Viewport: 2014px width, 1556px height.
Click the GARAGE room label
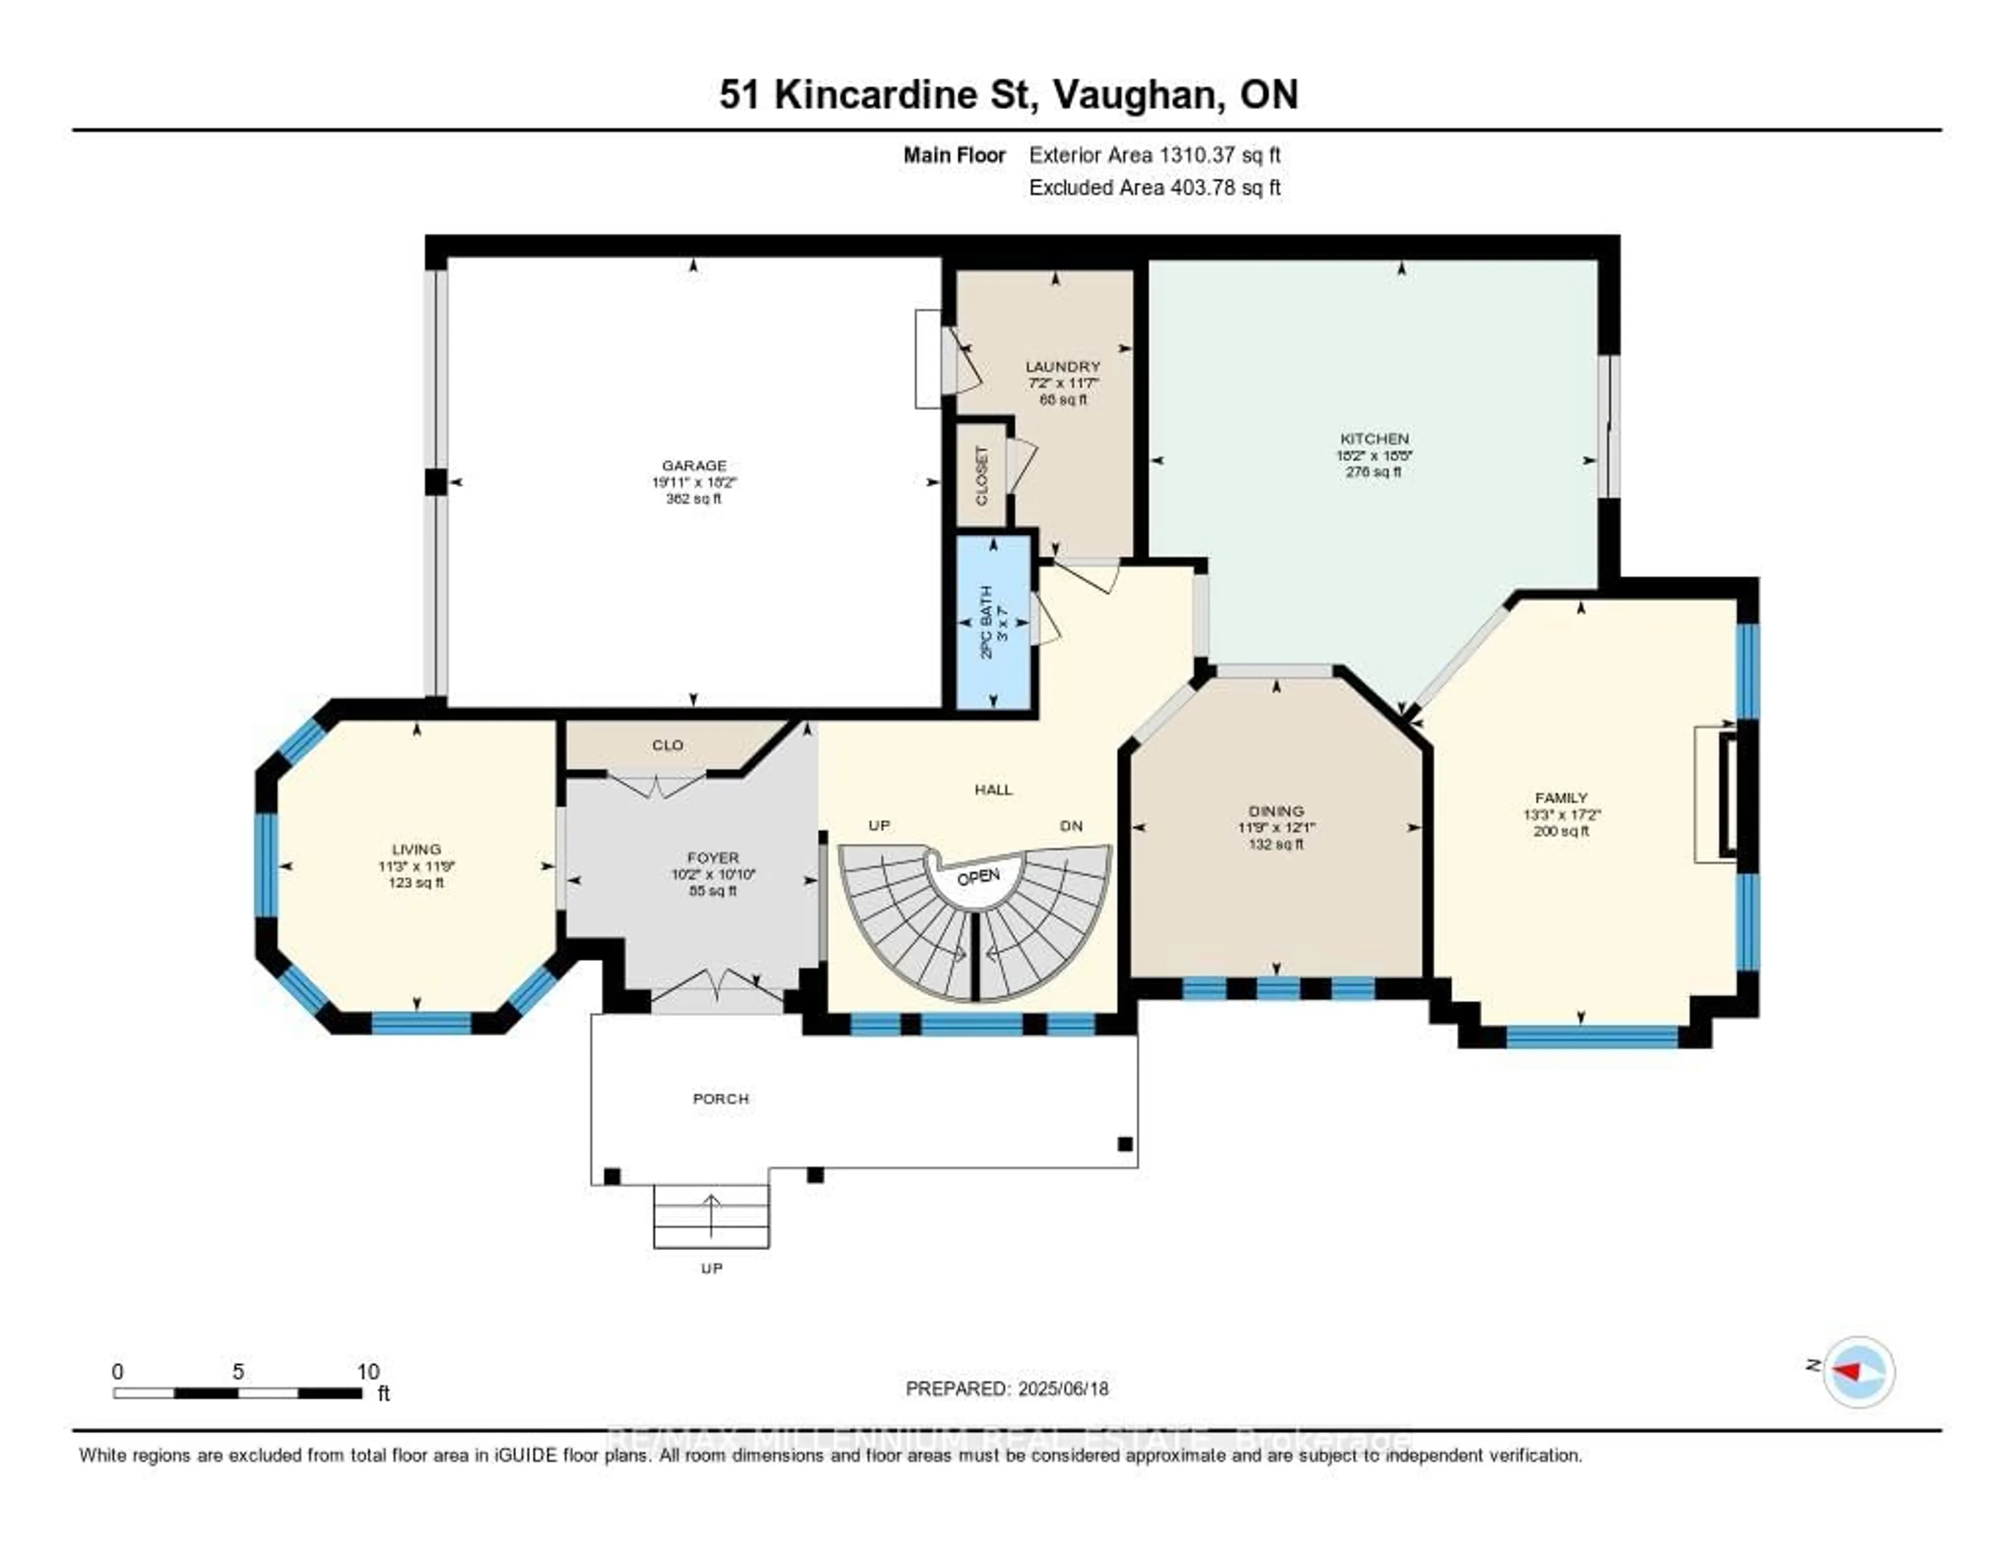[693, 466]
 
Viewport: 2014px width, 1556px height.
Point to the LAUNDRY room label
[1062, 366]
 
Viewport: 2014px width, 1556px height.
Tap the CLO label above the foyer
[667, 745]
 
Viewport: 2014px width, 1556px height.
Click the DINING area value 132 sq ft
[1276, 845]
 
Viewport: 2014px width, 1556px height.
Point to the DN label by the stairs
[1070, 826]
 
